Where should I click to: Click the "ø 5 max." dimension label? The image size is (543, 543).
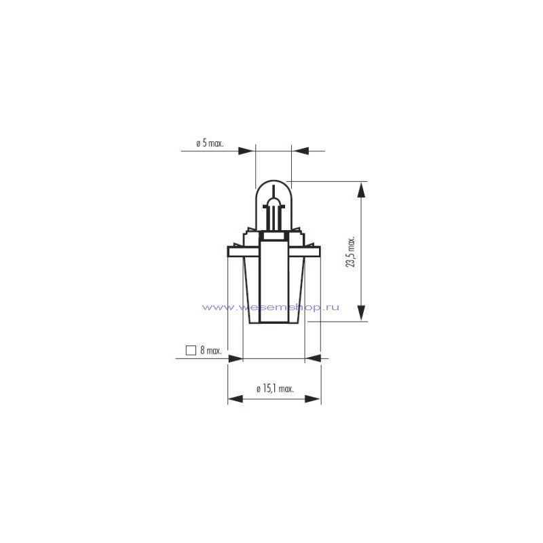point(210,143)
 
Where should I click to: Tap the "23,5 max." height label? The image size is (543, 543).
point(350,252)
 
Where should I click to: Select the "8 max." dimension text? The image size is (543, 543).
point(211,350)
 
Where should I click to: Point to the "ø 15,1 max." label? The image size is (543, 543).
point(276,388)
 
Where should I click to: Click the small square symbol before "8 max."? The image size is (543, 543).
point(191,350)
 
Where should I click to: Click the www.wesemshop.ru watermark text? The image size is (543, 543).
point(270,307)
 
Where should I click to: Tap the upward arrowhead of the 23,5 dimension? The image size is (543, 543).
point(361,191)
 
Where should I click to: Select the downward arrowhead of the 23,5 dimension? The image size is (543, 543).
point(361,313)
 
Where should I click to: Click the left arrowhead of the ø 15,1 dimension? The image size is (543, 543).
point(236,399)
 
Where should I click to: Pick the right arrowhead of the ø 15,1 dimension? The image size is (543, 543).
point(312,399)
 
